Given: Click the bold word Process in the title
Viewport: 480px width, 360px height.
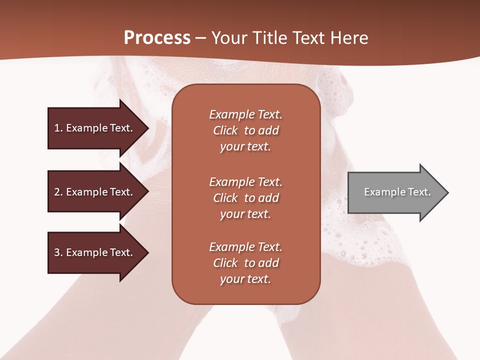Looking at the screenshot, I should click(x=157, y=38).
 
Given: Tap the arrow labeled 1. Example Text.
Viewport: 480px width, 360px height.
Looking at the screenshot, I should click(x=95, y=128).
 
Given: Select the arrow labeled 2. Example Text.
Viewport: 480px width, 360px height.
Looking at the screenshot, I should click(x=95, y=192).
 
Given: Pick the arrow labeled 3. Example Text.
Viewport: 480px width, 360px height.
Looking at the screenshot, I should click(x=95, y=252).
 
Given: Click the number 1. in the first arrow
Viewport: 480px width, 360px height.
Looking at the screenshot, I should click(x=58, y=128).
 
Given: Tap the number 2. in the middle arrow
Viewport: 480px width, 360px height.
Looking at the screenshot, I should click(x=58, y=192).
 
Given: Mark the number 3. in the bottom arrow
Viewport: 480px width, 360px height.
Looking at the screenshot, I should click(x=58, y=252).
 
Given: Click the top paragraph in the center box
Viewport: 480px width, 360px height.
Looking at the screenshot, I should click(x=245, y=130).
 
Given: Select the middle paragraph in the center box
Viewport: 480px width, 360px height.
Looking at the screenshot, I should click(x=245, y=197).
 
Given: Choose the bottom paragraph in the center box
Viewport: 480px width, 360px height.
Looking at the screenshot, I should click(x=245, y=263).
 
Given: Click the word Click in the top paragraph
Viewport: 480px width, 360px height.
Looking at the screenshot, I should click(x=225, y=130).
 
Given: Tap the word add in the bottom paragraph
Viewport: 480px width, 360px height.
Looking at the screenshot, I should click(x=268, y=263).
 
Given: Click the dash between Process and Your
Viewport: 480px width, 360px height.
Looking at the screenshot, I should click(x=200, y=38).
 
